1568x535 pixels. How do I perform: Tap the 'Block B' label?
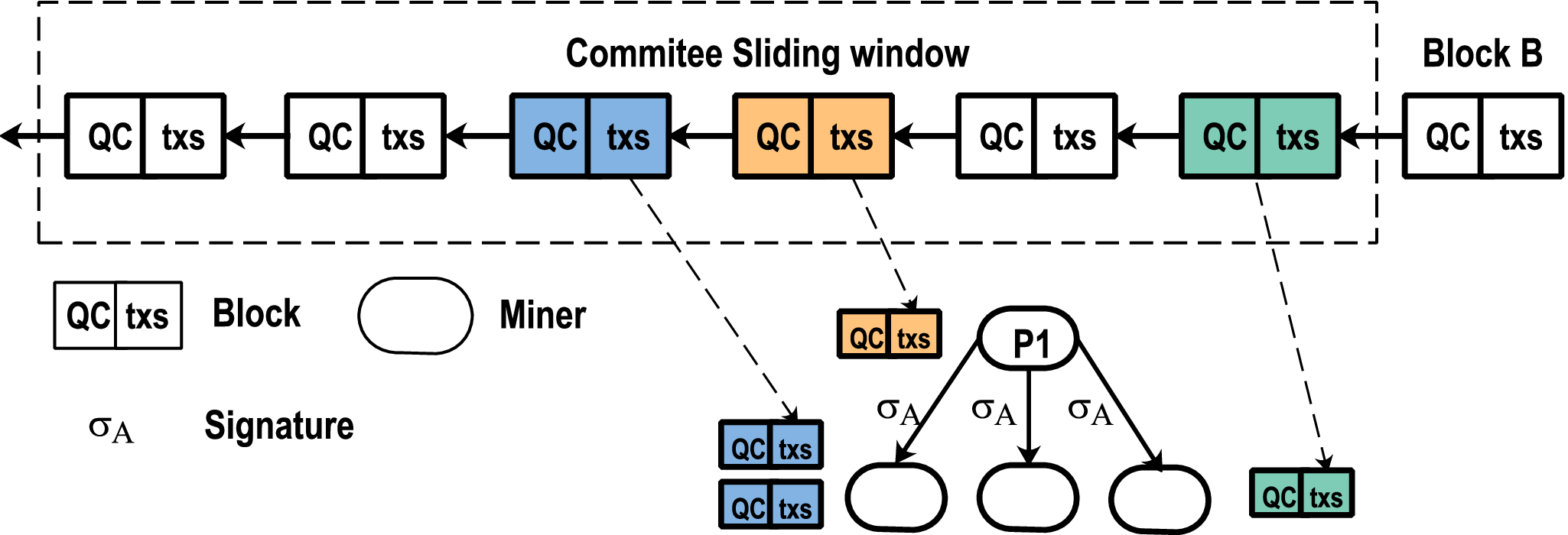[1482, 53]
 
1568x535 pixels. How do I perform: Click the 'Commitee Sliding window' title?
[767, 53]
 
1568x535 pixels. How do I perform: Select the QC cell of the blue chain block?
[551, 137]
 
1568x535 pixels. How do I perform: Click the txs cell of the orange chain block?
[851, 137]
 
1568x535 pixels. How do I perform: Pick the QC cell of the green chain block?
[1221, 137]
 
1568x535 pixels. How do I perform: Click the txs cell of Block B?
[1521, 137]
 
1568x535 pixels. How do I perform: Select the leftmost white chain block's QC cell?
[107, 137]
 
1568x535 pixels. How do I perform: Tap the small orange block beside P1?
[889, 335]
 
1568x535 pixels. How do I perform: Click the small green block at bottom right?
[1302, 494]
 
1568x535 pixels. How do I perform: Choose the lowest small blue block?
[771, 504]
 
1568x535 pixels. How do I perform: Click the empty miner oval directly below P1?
[1029, 497]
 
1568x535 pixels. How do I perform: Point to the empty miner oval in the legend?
[415, 316]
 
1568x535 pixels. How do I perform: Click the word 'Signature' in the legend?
[279, 426]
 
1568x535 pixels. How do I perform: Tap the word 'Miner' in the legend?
[542, 315]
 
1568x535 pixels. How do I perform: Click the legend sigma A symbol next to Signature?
[111, 428]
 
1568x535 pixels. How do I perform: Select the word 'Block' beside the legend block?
[256, 314]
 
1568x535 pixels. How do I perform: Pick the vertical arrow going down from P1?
[1029, 417]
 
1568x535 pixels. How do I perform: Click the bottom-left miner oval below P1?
[896, 497]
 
